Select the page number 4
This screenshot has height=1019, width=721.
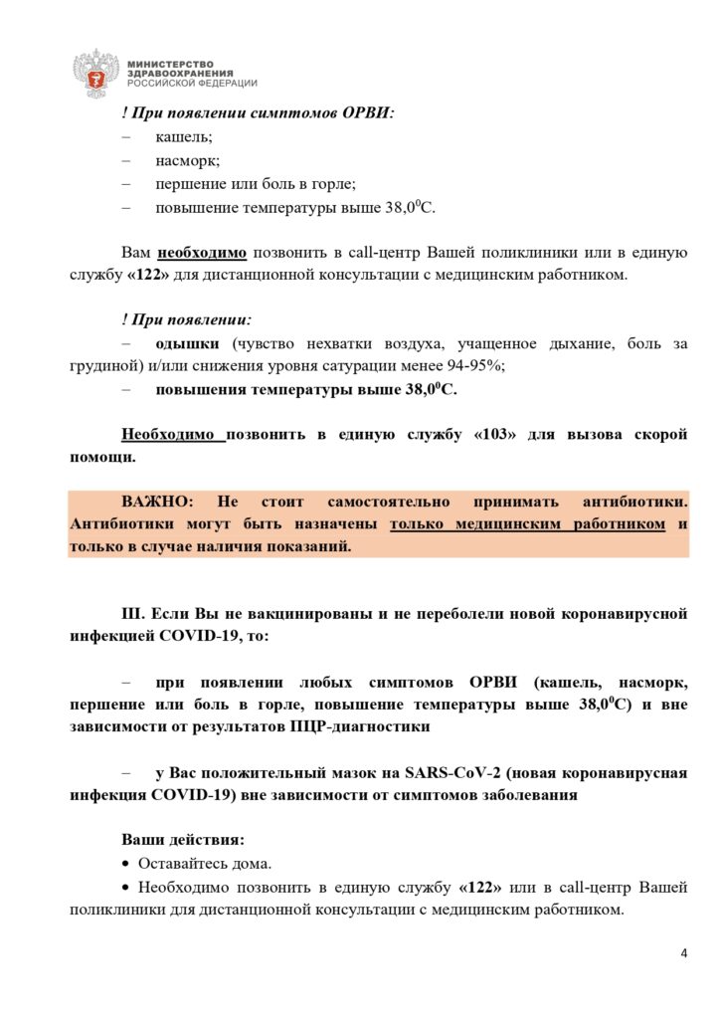click(x=683, y=954)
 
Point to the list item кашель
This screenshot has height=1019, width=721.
click(x=183, y=137)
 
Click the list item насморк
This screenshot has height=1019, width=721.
click(x=187, y=160)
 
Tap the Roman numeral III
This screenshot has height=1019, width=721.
click(x=134, y=614)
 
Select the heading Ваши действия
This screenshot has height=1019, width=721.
click(x=181, y=840)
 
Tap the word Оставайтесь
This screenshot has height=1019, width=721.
click(x=183, y=863)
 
